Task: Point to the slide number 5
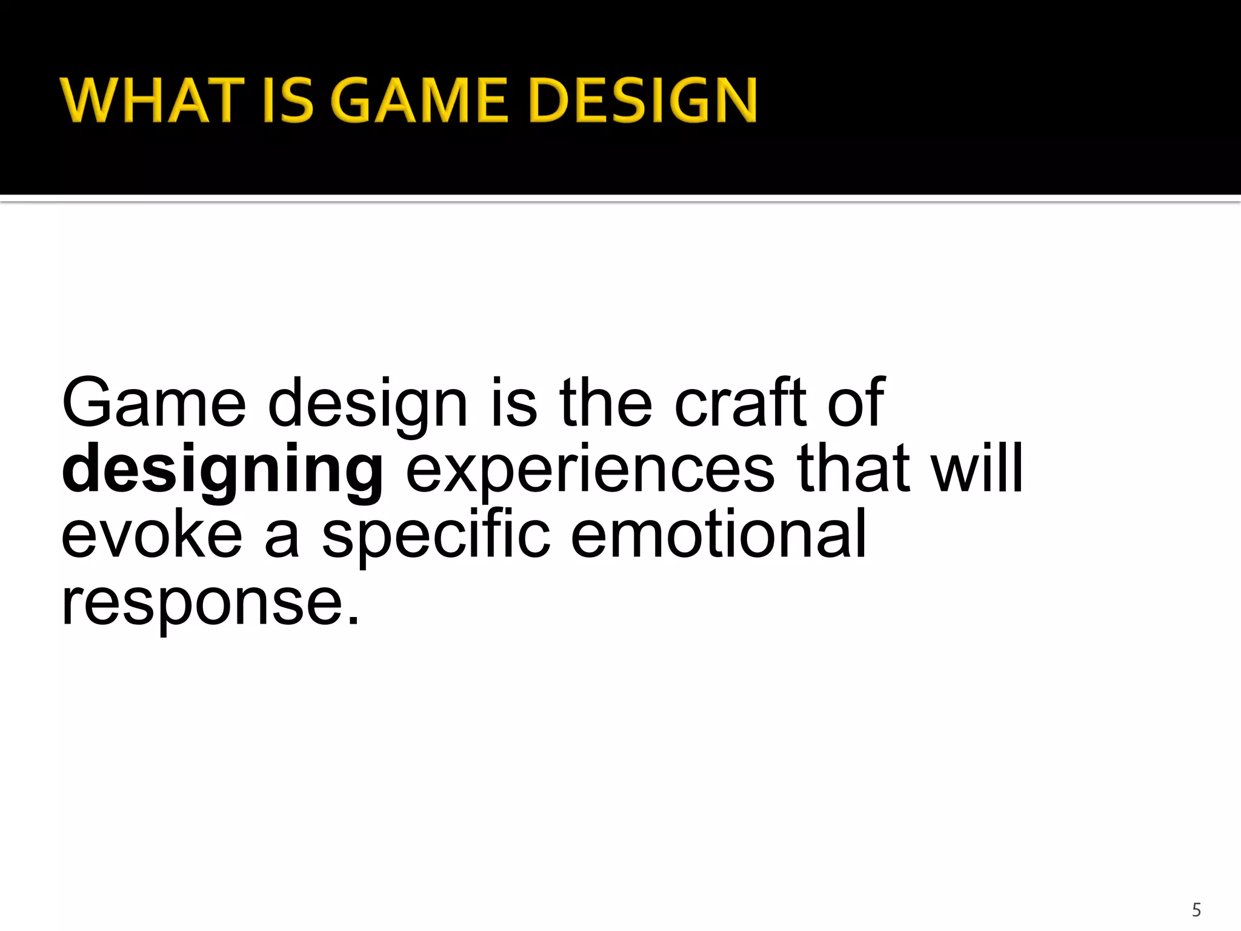1196,910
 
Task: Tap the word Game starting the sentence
154,403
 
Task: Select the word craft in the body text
741,403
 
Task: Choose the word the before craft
605,403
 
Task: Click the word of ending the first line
856,403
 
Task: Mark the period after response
354,621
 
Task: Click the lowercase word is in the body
514,403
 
